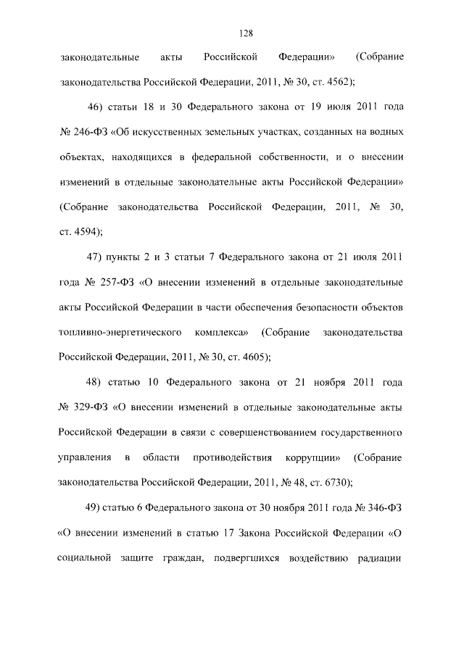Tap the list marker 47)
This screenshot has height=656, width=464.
pos(96,257)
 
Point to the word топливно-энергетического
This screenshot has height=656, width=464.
pos(119,332)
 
